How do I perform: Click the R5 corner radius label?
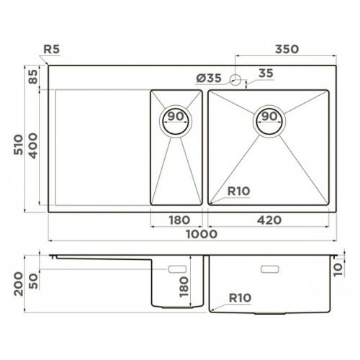(x=51, y=50)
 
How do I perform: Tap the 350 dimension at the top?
(x=287, y=49)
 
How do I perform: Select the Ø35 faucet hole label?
(x=209, y=78)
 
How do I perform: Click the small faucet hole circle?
(x=235, y=79)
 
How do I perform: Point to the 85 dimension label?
(x=33, y=76)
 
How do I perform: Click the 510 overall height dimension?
(x=18, y=145)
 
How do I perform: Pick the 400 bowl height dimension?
(x=33, y=145)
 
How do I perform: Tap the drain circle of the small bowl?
(x=176, y=122)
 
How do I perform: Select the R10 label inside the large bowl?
(x=239, y=192)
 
